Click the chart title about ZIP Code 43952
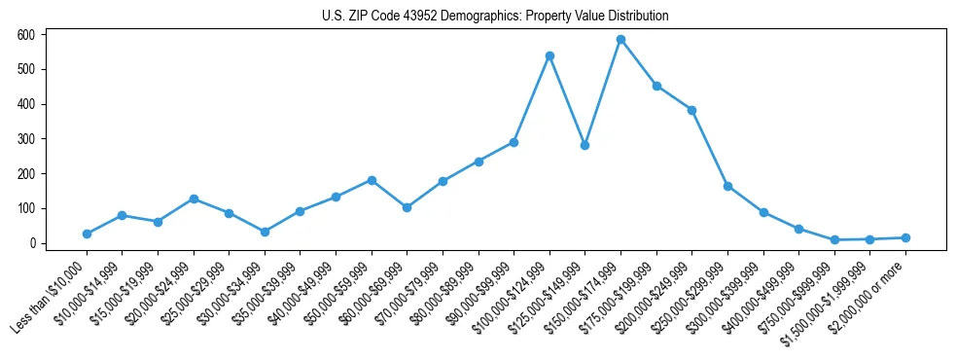(495, 17)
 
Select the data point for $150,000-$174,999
(620, 40)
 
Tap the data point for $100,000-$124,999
(549, 55)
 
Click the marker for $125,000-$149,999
(584, 145)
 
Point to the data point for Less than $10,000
(87, 234)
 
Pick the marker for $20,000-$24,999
(194, 198)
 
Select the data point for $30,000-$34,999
(265, 232)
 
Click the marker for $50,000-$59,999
(372, 180)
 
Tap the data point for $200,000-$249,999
(691, 110)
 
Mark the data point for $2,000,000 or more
(905, 237)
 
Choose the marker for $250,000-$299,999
(727, 186)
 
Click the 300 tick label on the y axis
(26, 139)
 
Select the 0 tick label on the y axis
(32, 243)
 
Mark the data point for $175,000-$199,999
(656, 86)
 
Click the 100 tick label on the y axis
(26, 208)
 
